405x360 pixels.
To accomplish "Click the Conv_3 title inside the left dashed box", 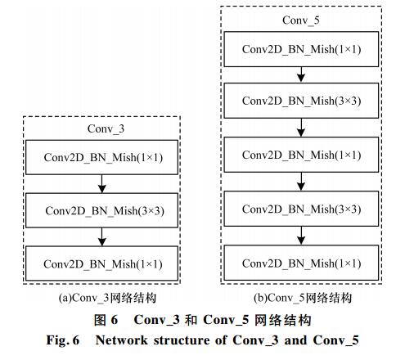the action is (106, 128).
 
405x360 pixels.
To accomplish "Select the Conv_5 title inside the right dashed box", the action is (301, 20).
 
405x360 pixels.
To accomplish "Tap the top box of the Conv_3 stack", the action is (101, 157).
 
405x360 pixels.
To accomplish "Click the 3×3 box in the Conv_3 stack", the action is (101, 210).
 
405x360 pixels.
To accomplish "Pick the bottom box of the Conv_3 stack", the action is (101, 263).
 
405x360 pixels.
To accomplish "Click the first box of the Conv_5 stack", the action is (301, 49).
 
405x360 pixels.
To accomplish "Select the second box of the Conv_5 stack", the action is (301, 101).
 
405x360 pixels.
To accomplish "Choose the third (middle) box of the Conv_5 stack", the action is (301, 155).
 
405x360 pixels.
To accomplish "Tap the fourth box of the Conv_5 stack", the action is (301, 209).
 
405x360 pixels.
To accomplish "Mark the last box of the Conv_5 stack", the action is (301, 263).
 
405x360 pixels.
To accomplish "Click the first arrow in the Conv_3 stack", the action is (101, 184).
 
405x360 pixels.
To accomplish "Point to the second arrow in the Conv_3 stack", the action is (101, 236).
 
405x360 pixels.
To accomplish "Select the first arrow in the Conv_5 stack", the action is (301, 74).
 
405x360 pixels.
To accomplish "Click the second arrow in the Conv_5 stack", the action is (301, 128).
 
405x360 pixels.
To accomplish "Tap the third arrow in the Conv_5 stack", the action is (301, 182).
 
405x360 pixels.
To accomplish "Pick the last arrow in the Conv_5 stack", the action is (301, 236).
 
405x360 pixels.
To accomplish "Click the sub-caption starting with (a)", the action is (107, 298).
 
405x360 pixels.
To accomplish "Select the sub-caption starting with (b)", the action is (303, 298).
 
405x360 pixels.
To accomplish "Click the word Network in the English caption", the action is (122, 340).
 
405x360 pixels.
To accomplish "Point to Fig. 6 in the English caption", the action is (63, 340).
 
